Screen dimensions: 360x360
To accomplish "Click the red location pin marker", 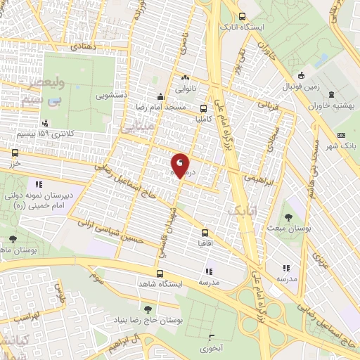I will [180, 165].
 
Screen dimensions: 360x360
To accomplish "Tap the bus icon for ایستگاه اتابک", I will [243, 17].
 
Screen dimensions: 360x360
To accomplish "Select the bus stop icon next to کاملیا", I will [203, 109].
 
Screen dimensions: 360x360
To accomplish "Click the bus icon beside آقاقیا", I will [205, 233].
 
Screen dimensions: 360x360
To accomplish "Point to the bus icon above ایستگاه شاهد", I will [160, 274].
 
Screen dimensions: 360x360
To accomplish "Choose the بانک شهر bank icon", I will [342, 135].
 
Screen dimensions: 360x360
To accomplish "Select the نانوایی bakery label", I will [186, 89].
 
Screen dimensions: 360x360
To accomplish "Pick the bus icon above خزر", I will [15, 152].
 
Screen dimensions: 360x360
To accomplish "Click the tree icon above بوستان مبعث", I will [289, 217].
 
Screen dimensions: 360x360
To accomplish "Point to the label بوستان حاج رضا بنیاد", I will [147, 321].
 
